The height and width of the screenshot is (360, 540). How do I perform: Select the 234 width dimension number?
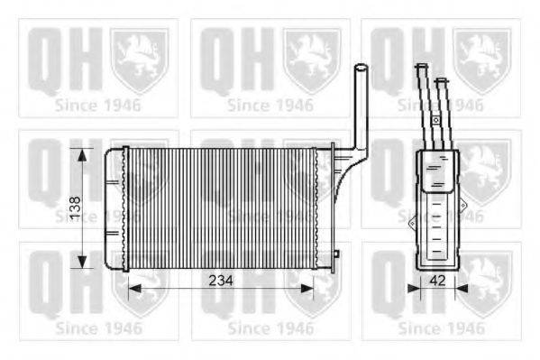(x=219, y=281)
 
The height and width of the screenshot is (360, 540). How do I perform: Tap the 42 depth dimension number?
(x=437, y=281)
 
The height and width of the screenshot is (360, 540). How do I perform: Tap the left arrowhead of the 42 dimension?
(x=414, y=290)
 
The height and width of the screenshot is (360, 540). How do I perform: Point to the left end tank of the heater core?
(x=113, y=208)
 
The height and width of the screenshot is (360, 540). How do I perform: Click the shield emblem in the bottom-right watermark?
(x=481, y=282)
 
